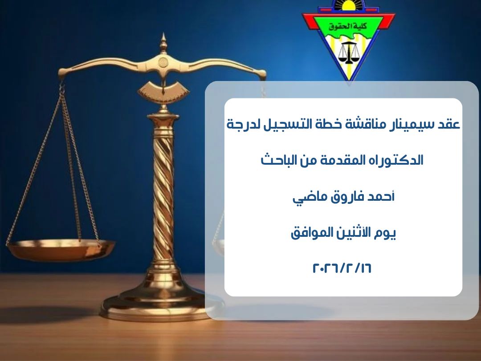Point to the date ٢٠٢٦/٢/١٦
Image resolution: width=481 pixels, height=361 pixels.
pyautogui.click(x=342, y=268)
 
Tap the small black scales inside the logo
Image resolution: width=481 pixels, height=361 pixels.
pyautogui.click(x=348, y=53)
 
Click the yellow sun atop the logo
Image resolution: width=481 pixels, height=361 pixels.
pyautogui.click(x=348, y=5)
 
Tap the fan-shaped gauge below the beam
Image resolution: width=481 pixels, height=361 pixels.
pyautogui.click(x=163, y=90)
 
